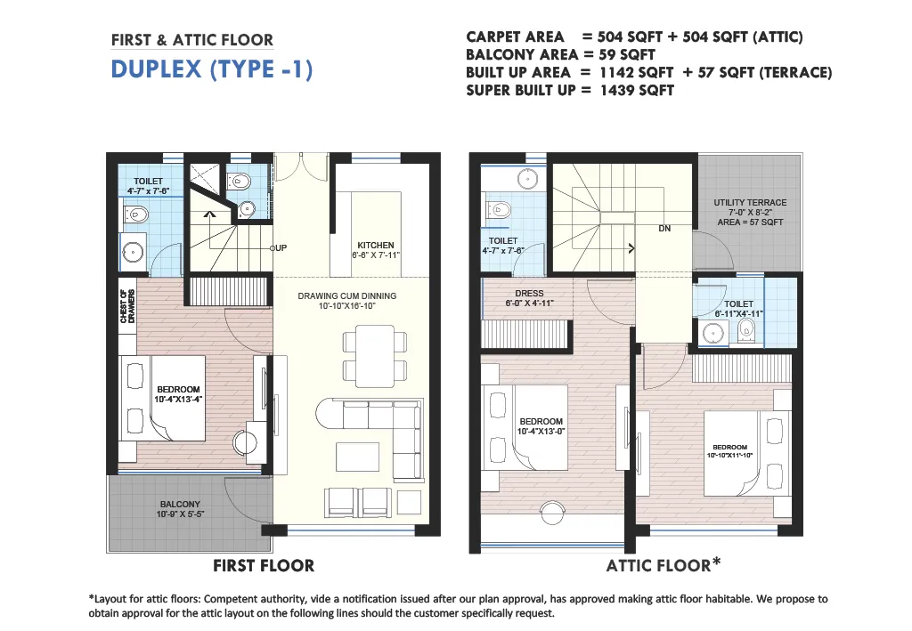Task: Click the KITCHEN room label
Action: tap(376, 246)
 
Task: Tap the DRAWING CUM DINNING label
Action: tap(347, 295)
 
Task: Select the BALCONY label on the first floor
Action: tap(180, 505)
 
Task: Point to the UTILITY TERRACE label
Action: tap(750, 202)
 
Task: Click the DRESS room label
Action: tap(529, 294)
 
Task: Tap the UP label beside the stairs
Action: tap(281, 248)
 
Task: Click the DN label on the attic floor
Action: tap(664, 229)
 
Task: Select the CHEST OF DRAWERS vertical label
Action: tap(127, 306)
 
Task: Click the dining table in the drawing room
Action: tap(375, 356)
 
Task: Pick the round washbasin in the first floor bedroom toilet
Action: tap(134, 253)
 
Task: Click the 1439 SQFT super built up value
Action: tap(637, 91)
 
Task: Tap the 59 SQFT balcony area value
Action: tap(627, 54)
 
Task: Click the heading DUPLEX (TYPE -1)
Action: tap(212, 69)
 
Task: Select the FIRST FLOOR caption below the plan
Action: tap(264, 565)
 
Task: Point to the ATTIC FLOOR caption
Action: tap(658, 565)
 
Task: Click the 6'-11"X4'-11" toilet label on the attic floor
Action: tap(738, 314)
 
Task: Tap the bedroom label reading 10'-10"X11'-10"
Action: tap(730, 455)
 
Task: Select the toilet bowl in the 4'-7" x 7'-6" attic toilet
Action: tap(499, 209)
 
